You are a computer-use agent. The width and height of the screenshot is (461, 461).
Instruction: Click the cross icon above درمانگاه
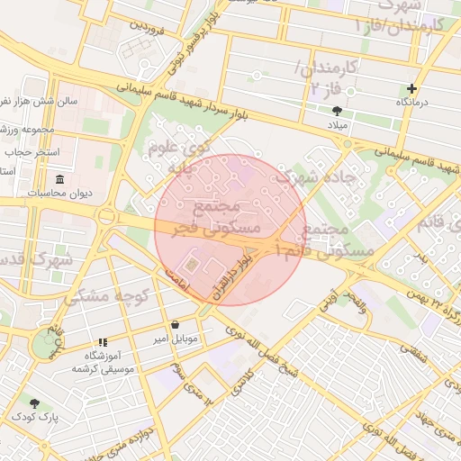coord(412,88)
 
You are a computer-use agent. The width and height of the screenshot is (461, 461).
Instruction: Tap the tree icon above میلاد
coord(336,110)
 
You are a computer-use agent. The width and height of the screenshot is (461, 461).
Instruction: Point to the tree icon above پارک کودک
coord(34,403)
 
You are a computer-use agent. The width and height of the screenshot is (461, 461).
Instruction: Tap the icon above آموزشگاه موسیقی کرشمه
coord(102,342)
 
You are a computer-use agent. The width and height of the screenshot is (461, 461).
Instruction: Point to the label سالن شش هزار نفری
coord(36,102)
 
